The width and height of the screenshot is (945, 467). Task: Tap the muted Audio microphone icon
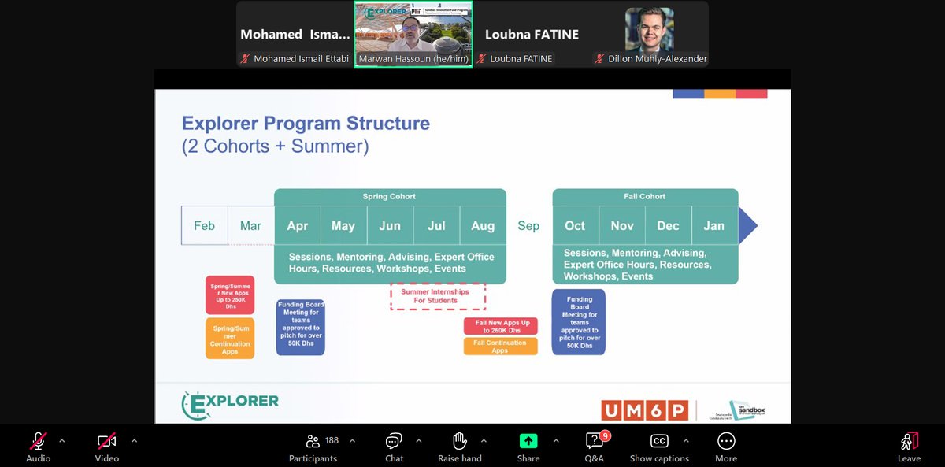tap(38, 441)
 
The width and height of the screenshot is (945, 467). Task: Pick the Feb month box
tap(204, 226)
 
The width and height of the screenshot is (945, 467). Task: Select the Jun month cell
tap(390, 226)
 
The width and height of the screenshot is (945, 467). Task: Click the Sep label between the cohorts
tap(528, 226)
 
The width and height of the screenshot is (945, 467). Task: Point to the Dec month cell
tap(668, 226)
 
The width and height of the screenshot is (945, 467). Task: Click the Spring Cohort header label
tap(389, 197)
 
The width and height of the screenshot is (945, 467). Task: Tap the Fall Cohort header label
tap(645, 197)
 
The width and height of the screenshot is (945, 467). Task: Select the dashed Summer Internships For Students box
tap(437, 296)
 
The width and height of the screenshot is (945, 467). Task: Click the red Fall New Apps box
tap(501, 326)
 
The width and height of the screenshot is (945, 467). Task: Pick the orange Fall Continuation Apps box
tap(501, 347)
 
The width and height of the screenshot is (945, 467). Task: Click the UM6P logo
tap(643, 410)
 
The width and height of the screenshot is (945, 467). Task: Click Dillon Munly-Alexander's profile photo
tap(650, 30)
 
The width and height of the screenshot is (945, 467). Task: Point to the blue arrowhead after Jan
tap(747, 226)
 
